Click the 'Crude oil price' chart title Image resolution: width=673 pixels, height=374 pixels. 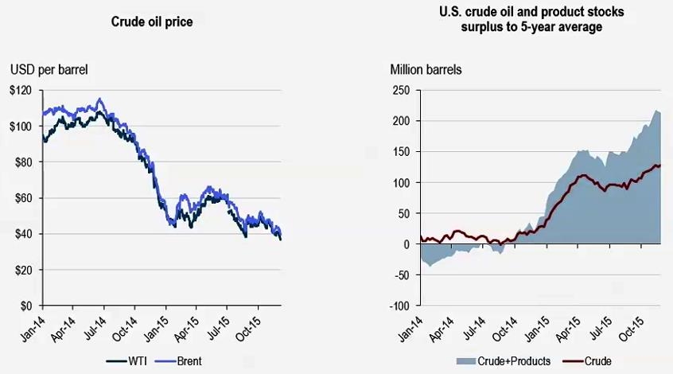(x=151, y=21)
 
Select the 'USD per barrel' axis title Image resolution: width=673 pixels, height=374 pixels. (x=49, y=69)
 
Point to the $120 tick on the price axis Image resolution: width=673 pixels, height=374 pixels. (x=21, y=91)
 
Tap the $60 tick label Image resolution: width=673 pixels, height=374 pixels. (x=24, y=198)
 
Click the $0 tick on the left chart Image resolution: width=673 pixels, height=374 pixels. (x=27, y=306)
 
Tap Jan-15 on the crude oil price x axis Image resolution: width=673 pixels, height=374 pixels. (x=160, y=326)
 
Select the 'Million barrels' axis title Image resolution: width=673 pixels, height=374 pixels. (x=426, y=69)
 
